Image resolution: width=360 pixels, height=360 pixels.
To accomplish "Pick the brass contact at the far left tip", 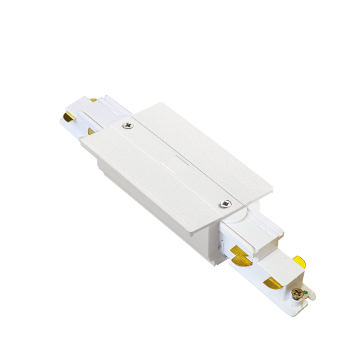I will pos(66,118).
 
